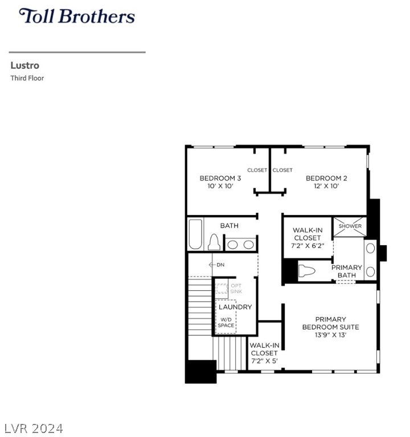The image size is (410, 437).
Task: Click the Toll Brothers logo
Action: [77, 16]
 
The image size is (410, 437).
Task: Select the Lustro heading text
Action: [25, 65]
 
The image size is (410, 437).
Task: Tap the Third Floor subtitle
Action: [27, 78]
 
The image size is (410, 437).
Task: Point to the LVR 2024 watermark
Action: [34, 428]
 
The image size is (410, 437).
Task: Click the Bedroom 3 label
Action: [220, 178]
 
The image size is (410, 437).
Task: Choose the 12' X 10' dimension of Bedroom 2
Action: [326, 186]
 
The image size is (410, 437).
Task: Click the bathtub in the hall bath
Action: [195, 234]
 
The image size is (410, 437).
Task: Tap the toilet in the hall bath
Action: [214, 242]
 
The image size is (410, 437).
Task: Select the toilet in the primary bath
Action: [306, 271]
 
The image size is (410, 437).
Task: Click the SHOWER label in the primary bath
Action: [350, 226]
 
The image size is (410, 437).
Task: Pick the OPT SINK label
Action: [236, 288]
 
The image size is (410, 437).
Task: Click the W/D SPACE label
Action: [226, 323]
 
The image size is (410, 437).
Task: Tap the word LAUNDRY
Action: [235, 307]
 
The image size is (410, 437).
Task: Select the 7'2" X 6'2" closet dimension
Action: [307, 246]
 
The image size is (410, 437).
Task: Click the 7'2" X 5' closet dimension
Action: [264, 361]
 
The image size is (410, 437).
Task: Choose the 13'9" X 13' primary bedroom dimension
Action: [330, 335]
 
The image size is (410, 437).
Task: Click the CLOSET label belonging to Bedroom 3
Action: [257, 170]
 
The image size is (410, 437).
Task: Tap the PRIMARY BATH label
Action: [347, 271]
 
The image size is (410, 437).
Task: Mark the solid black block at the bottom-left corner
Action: [201, 372]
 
